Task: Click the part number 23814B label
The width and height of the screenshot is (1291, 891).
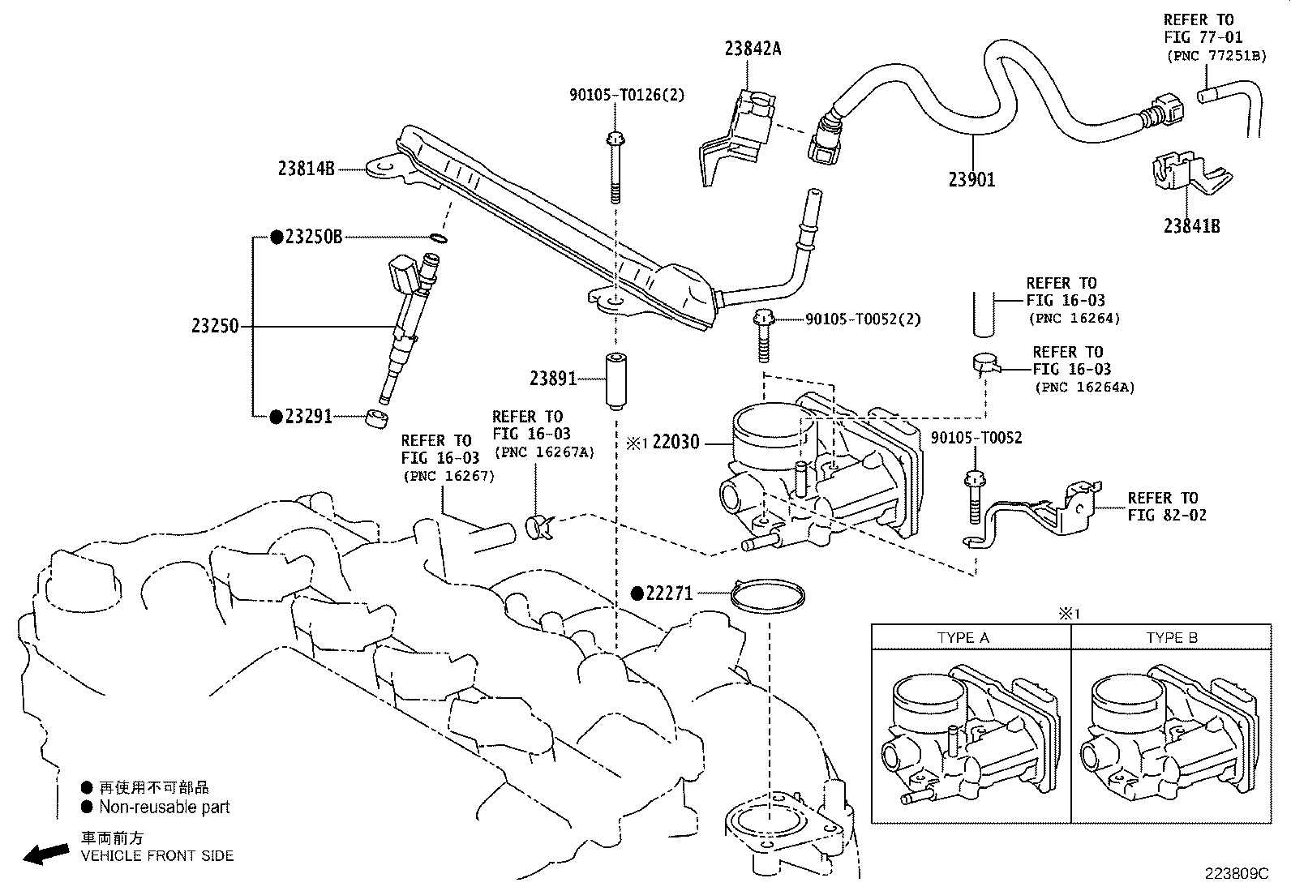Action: coord(306,169)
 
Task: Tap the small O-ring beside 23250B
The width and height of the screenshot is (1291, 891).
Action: coord(438,238)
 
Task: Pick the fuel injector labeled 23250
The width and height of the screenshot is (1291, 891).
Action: coord(405,324)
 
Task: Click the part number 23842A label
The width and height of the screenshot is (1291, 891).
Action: coord(753,49)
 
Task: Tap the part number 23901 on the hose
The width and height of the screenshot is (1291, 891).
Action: coord(971,179)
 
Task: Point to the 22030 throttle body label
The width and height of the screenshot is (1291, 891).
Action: coord(675,443)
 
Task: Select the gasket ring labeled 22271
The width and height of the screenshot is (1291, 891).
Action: coord(767,596)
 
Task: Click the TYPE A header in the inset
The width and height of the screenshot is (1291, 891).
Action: coord(963,638)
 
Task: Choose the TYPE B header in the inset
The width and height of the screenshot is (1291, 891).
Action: coord(1171,638)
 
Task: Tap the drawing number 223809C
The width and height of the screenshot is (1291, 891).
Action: coord(1235,874)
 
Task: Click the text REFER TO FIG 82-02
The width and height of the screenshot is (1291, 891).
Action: coord(1166,507)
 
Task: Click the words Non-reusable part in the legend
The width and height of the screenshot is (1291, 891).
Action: coord(164,807)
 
